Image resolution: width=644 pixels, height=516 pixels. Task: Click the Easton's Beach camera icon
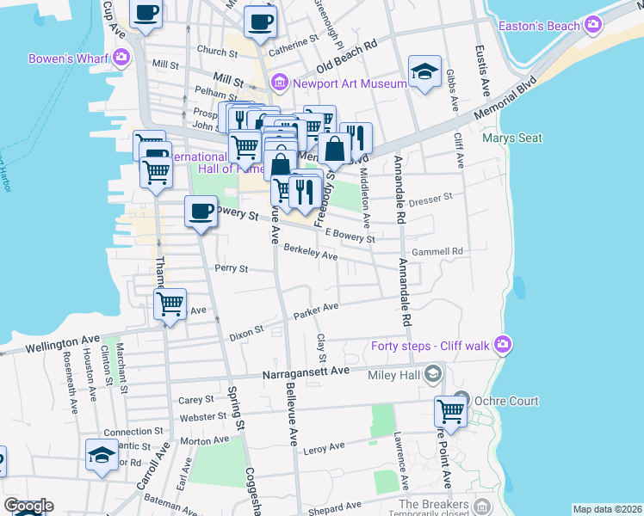pos(592,25)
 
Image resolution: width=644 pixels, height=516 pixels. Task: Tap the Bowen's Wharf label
pos(65,58)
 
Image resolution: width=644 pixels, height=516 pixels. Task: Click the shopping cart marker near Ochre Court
pos(450,411)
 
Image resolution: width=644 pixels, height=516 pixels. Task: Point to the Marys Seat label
pos(512,138)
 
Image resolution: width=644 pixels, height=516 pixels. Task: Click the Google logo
pos(28,506)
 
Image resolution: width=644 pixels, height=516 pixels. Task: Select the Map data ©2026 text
pos(607,509)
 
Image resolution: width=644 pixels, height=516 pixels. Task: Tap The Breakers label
pos(434,503)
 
